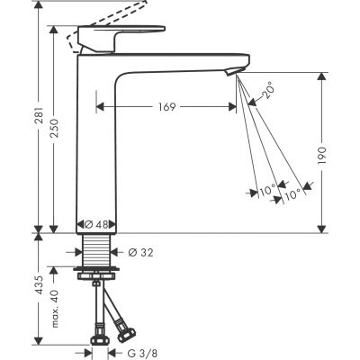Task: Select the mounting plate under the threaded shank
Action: click(x=94, y=269)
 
